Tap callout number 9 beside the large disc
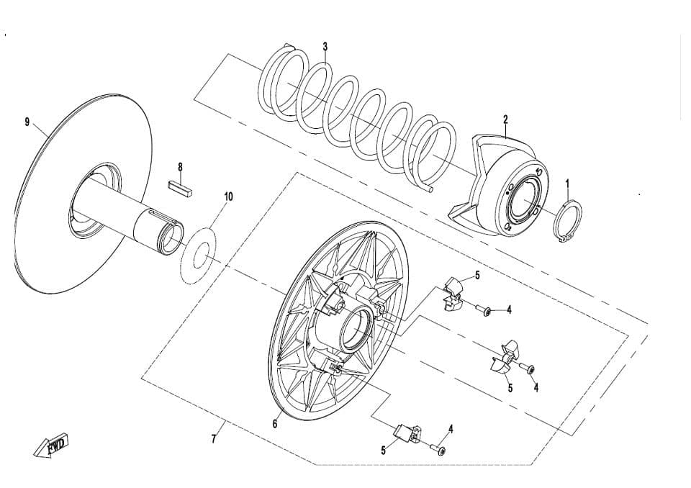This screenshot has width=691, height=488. [27, 122]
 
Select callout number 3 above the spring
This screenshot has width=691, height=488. [325, 46]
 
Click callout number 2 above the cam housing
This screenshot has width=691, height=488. [505, 119]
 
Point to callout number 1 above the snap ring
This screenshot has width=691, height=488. [568, 183]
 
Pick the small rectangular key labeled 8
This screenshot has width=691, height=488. [180, 185]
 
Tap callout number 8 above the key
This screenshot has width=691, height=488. [180, 167]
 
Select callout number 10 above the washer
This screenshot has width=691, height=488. [228, 196]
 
